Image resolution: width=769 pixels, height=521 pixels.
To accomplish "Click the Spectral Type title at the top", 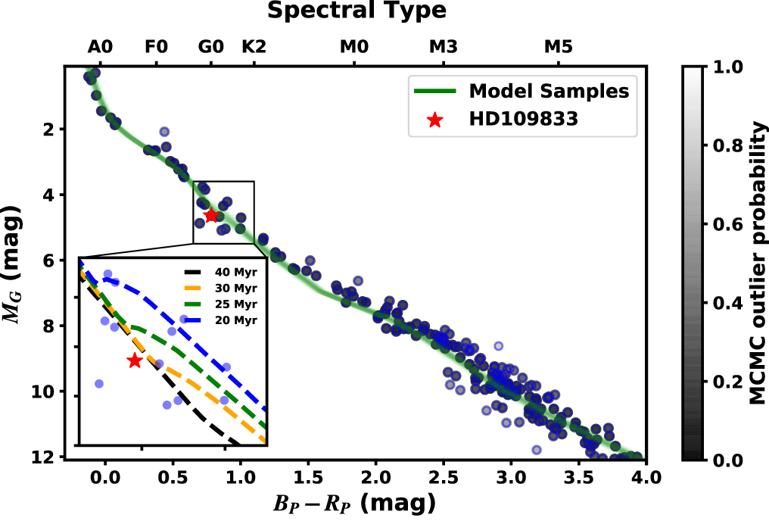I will (356, 11).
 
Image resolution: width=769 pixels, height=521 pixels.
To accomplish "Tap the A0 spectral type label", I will (100, 47).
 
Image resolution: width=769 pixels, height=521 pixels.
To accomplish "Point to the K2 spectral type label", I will (254, 47).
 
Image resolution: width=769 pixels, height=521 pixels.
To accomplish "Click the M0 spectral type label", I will (353, 47).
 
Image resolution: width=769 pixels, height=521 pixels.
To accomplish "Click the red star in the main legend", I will (434, 120).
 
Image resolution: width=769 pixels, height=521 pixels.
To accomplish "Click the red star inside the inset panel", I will (135, 361).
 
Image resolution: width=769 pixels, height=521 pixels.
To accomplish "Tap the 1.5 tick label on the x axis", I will (308, 478).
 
